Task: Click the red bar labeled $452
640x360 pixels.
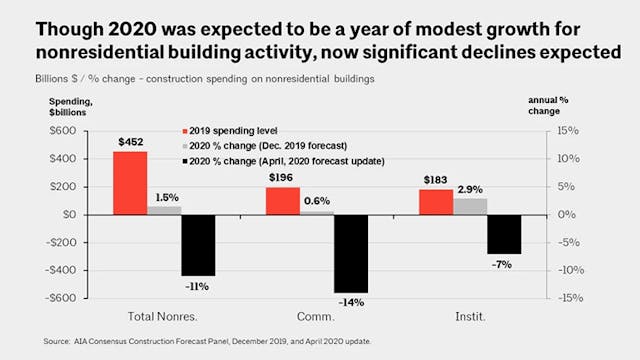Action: click(x=129, y=182)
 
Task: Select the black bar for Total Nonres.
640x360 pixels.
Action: click(x=197, y=245)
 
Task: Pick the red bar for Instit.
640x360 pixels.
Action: click(x=435, y=201)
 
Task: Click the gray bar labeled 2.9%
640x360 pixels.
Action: click(x=469, y=206)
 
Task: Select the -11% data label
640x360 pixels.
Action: click(x=197, y=286)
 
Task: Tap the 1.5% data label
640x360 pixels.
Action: click(x=166, y=197)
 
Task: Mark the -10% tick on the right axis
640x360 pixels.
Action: click(x=564, y=270)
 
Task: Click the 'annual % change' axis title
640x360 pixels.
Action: click(x=574, y=105)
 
